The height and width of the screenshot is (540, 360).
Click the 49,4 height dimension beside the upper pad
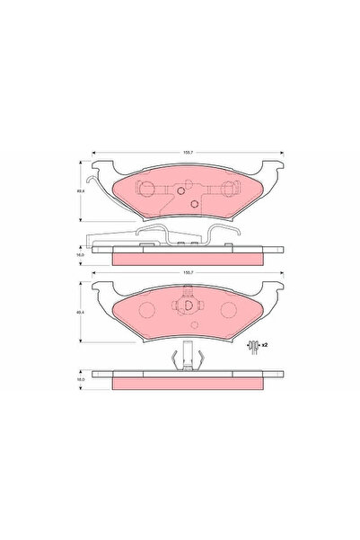point(80,190)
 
